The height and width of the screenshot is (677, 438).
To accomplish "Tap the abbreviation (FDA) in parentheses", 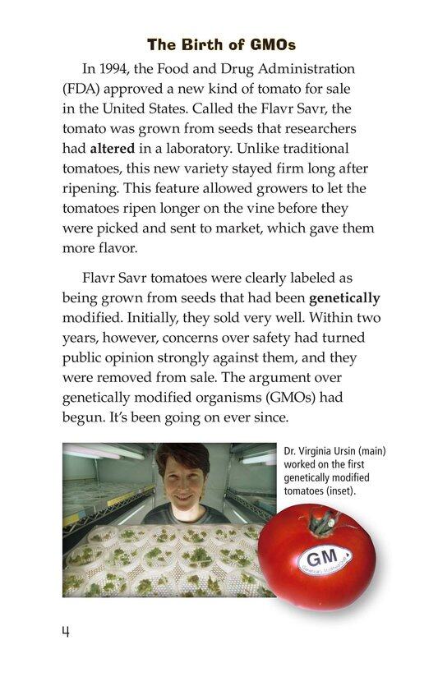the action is [x=81, y=89].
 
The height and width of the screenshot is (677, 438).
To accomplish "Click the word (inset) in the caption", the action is [x=348, y=491].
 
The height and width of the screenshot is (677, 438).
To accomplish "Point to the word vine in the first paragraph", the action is [x=238, y=208].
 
